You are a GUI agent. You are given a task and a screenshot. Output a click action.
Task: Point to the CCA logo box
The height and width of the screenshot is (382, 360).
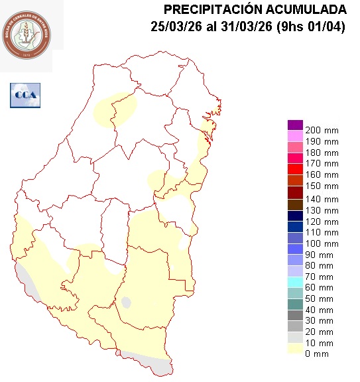[x=25, y=95]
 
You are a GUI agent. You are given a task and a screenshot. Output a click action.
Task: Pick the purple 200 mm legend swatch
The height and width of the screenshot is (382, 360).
[x=295, y=125]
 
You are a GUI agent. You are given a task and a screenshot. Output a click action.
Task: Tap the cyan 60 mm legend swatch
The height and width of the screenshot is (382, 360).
[x=295, y=283]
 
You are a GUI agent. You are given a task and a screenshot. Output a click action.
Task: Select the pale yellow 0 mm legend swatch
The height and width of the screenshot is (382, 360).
[x=295, y=350]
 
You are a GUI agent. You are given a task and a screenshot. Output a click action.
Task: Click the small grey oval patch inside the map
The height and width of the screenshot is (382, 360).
[x=126, y=302]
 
